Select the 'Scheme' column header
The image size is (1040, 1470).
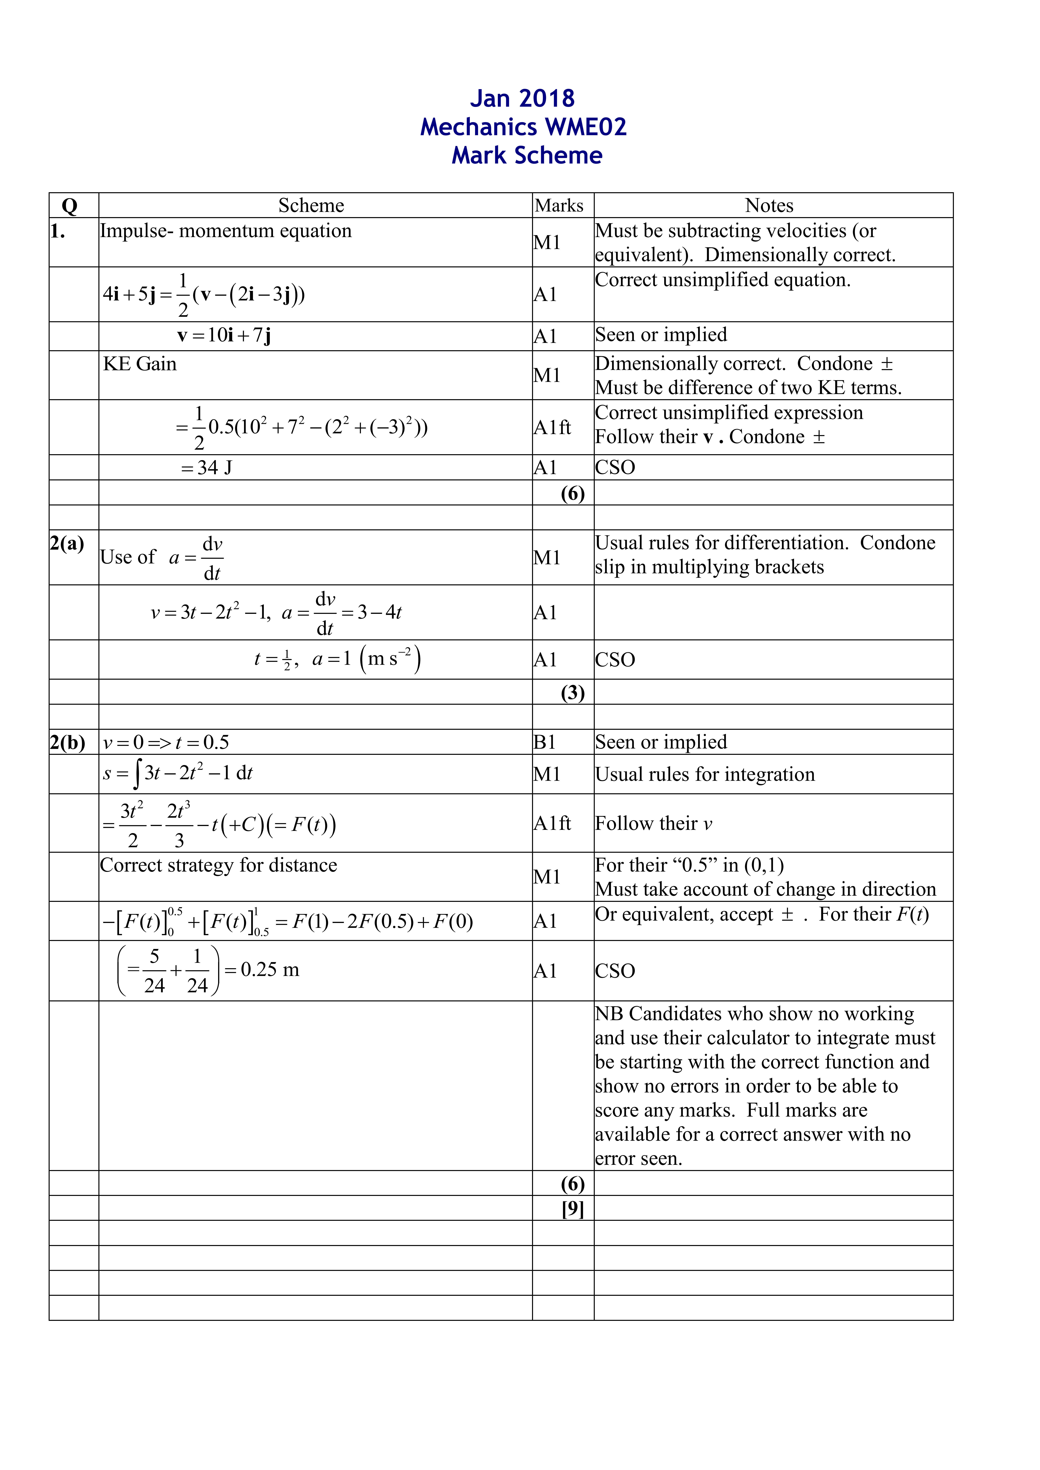point(311,205)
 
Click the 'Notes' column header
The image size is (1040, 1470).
point(769,205)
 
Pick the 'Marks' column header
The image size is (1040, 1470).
point(559,205)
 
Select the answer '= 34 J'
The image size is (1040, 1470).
point(206,468)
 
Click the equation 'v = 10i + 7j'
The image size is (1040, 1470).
point(224,335)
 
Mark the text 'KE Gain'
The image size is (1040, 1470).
point(140,364)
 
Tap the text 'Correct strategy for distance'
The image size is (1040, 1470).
point(218,866)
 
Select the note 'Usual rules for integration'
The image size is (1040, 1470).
point(704,775)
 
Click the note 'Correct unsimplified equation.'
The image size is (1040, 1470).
point(722,280)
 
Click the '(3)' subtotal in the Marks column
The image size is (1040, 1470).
point(572,693)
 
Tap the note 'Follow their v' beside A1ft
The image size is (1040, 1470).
point(653,823)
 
